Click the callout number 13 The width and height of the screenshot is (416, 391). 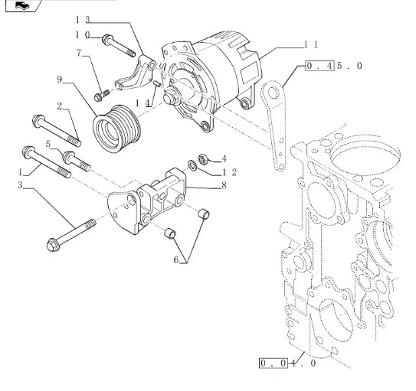point(83,19)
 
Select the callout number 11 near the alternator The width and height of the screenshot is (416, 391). point(310,44)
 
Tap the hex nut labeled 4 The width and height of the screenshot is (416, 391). point(202,158)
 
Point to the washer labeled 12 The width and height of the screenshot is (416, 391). point(192,165)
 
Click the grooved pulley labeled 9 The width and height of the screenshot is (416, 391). point(117,129)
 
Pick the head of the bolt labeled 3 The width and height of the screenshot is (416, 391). point(53,245)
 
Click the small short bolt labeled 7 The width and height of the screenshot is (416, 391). point(102,96)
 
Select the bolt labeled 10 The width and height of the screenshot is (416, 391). point(119,46)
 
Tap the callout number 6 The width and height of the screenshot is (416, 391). point(176,260)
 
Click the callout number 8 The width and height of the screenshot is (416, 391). point(224,185)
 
